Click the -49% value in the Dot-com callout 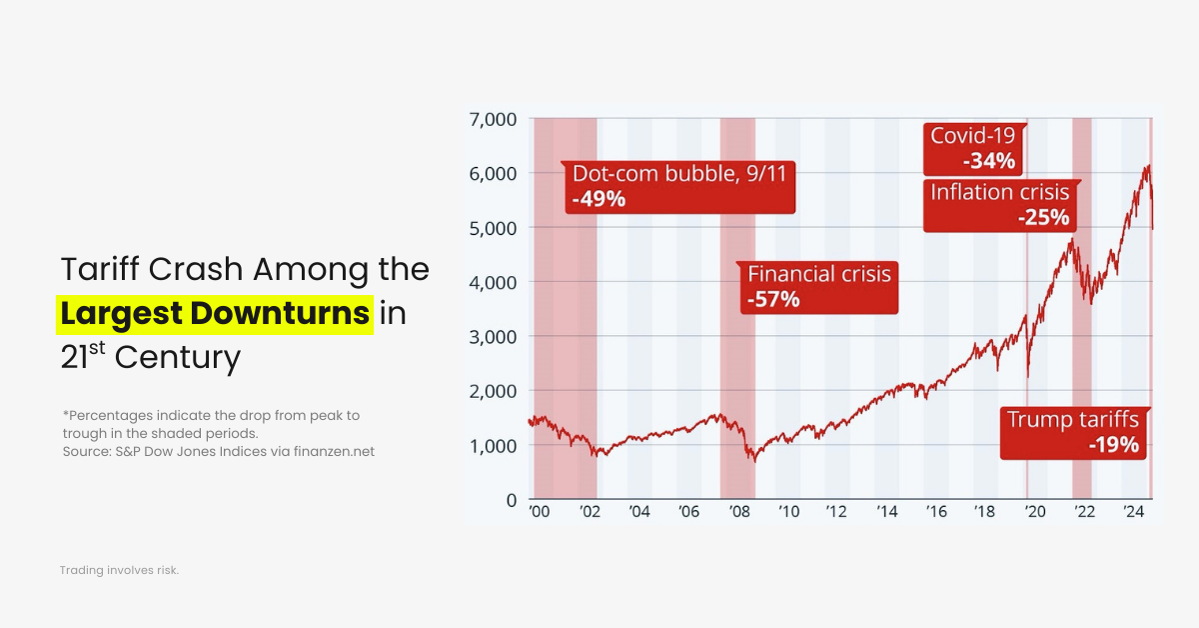pyautogui.click(x=599, y=199)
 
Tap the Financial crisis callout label pyautogui.click(x=818, y=273)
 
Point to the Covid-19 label pyautogui.click(x=972, y=135)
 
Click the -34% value pyautogui.click(x=988, y=161)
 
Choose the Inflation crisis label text pyautogui.click(x=999, y=192)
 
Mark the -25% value pyautogui.click(x=1043, y=217)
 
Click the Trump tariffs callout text pyautogui.click(x=1072, y=419)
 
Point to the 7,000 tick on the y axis pyautogui.click(x=492, y=119)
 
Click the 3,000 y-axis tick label pyautogui.click(x=492, y=337)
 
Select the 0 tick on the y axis pyautogui.click(x=510, y=500)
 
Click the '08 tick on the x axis pyautogui.click(x=739, y=512)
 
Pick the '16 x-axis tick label pyautogui.click(x=935, y=512)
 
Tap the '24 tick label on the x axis pyautogui.click(x=1132, y=512)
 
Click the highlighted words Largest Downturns pyautogui.click(x=215, y=313)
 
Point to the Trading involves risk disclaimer pyautogui.click(x=119, y=570)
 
